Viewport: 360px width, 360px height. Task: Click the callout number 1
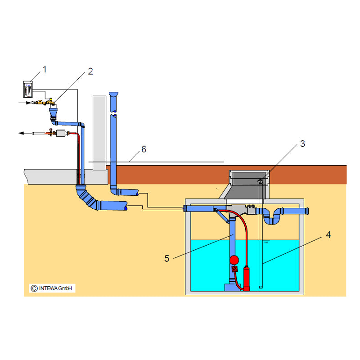coord(45,68)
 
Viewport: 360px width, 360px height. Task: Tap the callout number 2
coord(90,71)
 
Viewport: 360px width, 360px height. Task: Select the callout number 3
coord(302,144)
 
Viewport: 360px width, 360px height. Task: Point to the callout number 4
coord(328,234)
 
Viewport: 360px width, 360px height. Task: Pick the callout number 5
coord(166,259)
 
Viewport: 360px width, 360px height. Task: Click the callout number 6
coord(144,149)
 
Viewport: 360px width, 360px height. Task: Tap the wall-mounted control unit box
coord(27,88)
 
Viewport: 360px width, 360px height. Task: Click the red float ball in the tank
coord(234,260)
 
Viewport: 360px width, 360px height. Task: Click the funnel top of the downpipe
coord(114,94)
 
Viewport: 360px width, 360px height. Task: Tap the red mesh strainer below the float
coord(234,270)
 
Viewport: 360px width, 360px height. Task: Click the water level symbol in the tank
coord(266,243)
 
